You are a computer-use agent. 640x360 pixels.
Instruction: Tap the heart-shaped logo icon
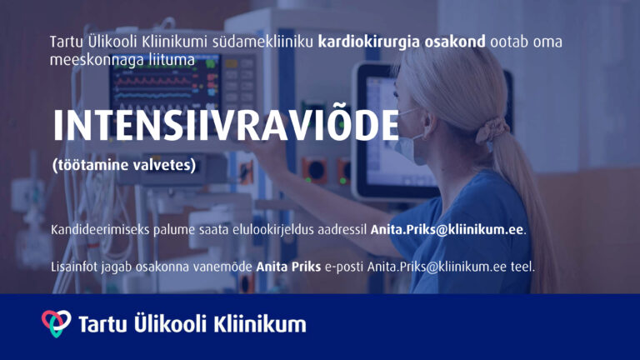(x=57, y=323)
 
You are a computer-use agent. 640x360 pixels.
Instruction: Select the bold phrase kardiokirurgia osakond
(x=402, y=42)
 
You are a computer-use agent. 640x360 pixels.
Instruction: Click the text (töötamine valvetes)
(x=124, y=165)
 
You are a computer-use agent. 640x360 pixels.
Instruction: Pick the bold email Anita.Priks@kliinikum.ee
(x=447, y=229)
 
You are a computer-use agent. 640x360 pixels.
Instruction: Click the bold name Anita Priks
(x=288, y=267)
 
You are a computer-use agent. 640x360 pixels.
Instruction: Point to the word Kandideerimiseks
(x=100, y=229)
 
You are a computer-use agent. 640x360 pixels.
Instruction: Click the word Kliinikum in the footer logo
(x=260, y=324)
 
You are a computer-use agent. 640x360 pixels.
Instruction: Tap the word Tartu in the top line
(x=65, y=42)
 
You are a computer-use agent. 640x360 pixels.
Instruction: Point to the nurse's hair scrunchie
(x=492, y=131)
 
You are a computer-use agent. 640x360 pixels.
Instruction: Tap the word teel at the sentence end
(x=522, y=267)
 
